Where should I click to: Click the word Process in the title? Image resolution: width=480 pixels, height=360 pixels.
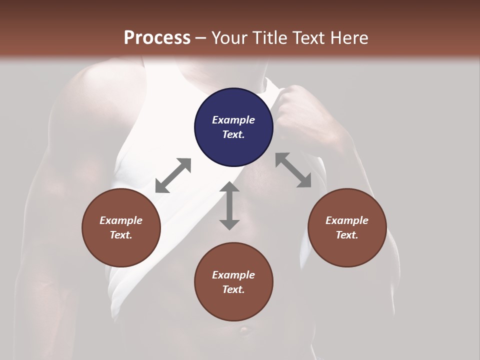(x=157, y=38)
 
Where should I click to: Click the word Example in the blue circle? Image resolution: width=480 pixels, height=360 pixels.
(x=233, y=120)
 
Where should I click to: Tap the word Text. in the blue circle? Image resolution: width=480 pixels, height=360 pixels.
(x=233, y=134)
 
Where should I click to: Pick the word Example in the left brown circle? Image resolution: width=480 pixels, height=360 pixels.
(x=121, y=220)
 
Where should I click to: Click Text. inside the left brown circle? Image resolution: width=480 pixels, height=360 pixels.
(x=121, y=235)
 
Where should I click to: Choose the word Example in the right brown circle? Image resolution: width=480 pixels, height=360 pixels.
(x=347, y=220)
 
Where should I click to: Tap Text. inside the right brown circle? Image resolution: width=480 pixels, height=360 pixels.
(x=347, y=235)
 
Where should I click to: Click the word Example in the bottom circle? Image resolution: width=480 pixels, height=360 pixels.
(x=233, y=275)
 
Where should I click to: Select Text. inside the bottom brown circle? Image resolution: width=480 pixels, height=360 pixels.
(x=233, y=289)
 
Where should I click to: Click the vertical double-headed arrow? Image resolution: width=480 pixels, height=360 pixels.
(x=229, y=205)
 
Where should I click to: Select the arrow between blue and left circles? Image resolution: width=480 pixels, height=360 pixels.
(x=173, y=175)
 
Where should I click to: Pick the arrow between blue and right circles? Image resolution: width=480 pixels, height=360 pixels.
(x=293, y=170)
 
